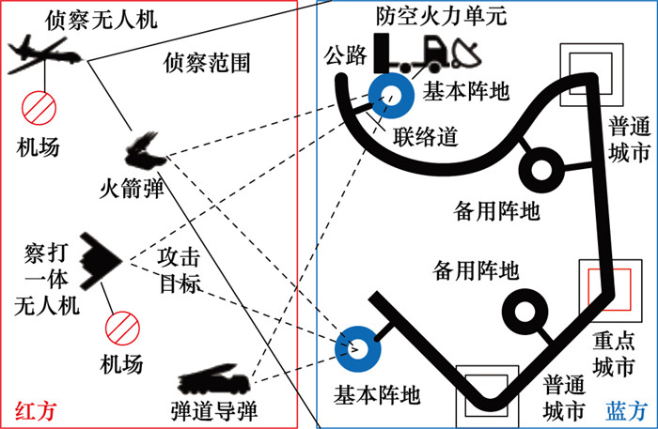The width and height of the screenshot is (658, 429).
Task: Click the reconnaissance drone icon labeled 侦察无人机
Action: [45, 56]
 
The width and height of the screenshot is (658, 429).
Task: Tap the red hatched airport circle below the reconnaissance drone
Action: [41, 107]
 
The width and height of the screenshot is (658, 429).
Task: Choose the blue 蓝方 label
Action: [627, 410]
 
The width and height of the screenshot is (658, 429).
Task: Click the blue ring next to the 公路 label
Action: [390, 94]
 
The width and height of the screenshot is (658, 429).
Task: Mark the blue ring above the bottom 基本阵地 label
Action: [358, 347]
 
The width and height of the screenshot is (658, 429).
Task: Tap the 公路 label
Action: [342, 55]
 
